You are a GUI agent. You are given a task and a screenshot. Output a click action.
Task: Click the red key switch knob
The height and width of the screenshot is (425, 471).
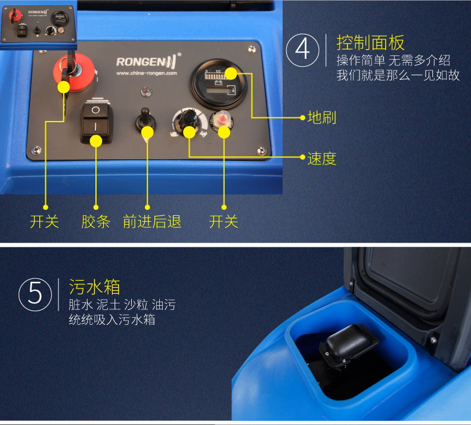click(x=74, y=72)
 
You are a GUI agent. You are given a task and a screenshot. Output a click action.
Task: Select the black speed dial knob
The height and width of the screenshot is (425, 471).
click(x=189, y=120)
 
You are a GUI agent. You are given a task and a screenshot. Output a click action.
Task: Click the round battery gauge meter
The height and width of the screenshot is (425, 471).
click(x=219, y=84)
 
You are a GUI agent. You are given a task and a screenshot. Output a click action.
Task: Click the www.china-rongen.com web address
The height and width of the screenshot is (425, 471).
click(x=147, y=73)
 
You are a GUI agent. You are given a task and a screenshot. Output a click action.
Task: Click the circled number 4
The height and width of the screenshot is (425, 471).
click(x=302, y=50)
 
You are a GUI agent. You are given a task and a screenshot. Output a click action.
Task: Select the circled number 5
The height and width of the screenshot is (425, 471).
click(x=35, y=294)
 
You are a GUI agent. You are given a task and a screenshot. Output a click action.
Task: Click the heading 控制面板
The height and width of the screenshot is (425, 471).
click(x=370, y=43)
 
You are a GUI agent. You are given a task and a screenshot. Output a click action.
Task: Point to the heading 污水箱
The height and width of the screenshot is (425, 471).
click(x=94, y=287)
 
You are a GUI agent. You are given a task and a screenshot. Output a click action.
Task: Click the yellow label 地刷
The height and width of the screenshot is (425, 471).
click(x=322, y=117)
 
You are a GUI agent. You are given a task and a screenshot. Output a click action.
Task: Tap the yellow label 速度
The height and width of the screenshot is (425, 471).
click(x=322, y=159)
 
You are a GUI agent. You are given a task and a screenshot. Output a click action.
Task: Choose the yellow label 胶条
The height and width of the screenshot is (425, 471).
click(x=96, y=222)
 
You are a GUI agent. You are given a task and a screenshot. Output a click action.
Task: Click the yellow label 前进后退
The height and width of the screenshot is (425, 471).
click(x=152, y=222)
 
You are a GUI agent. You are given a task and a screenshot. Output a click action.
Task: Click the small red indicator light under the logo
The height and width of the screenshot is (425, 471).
click(x=146, y=92)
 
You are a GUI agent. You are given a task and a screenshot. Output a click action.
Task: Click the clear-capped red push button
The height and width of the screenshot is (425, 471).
click(x=222, y=121)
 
